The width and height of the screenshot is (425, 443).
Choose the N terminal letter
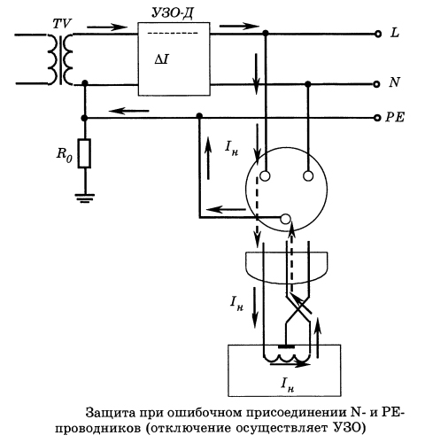[x=394, y=83]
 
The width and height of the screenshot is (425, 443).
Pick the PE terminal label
[x=395, y=118]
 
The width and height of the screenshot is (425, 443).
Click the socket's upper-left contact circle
[x=262, y=177]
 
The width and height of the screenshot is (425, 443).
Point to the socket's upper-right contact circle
[x=307, y=177]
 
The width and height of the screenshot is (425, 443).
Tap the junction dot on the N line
[x=307, y=84]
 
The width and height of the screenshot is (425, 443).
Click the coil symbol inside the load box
[x=285, y=357]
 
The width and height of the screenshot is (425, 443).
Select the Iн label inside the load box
[x=285, y=384]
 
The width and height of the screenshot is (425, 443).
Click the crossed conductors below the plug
[x=296, y=309]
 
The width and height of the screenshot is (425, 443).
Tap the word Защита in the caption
[x=112, y=412]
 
